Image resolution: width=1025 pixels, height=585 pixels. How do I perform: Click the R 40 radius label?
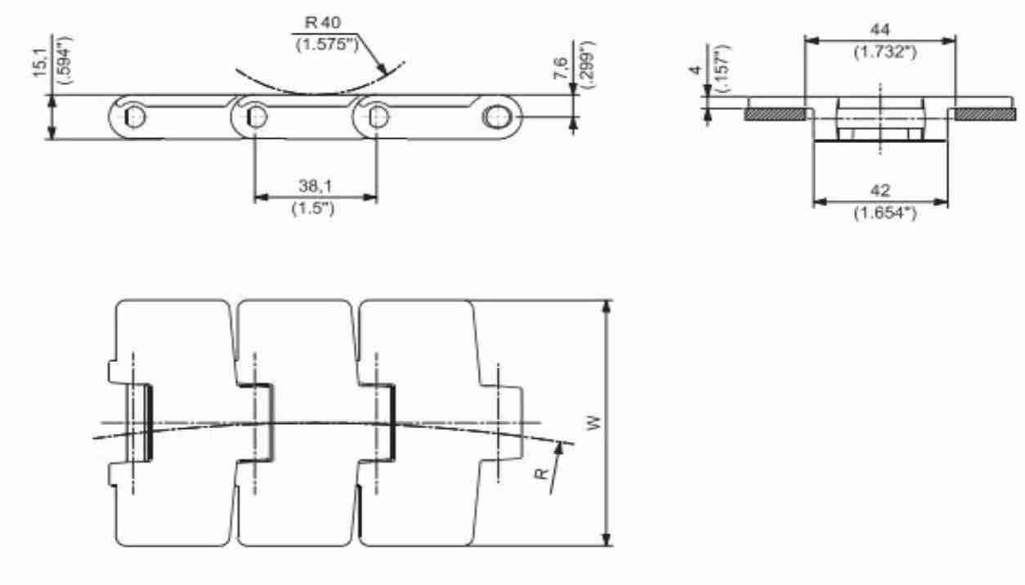tap(323, 22)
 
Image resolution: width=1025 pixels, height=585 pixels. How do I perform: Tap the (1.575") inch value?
tap(328, 44)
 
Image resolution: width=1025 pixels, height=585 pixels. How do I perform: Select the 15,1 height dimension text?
tap(40, 62)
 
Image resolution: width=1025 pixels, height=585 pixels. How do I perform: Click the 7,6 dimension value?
tap(562, 68)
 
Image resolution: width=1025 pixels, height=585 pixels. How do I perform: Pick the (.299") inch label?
tap(587, 65)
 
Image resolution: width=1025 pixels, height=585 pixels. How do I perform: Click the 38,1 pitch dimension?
tap(316, 185)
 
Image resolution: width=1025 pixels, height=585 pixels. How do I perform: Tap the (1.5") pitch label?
tap(313, 208)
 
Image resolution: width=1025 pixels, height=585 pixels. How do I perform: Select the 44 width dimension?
tap(880, 29)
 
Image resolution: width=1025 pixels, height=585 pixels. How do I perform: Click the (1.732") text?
tap(885, 51)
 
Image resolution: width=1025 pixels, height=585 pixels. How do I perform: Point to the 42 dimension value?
tap(880, 190)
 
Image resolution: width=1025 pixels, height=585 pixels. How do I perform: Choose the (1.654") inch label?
tap(885, 212)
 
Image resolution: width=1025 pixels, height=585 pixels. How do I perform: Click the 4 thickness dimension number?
tap(696, 70)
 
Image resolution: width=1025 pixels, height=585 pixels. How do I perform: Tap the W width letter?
tap(593, 422)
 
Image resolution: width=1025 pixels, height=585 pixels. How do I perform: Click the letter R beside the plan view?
tap(541, 474)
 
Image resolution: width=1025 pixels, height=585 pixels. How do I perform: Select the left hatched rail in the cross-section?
tap(776, 114)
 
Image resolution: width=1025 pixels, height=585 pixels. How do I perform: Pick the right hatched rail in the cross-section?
tap(986, 114)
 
